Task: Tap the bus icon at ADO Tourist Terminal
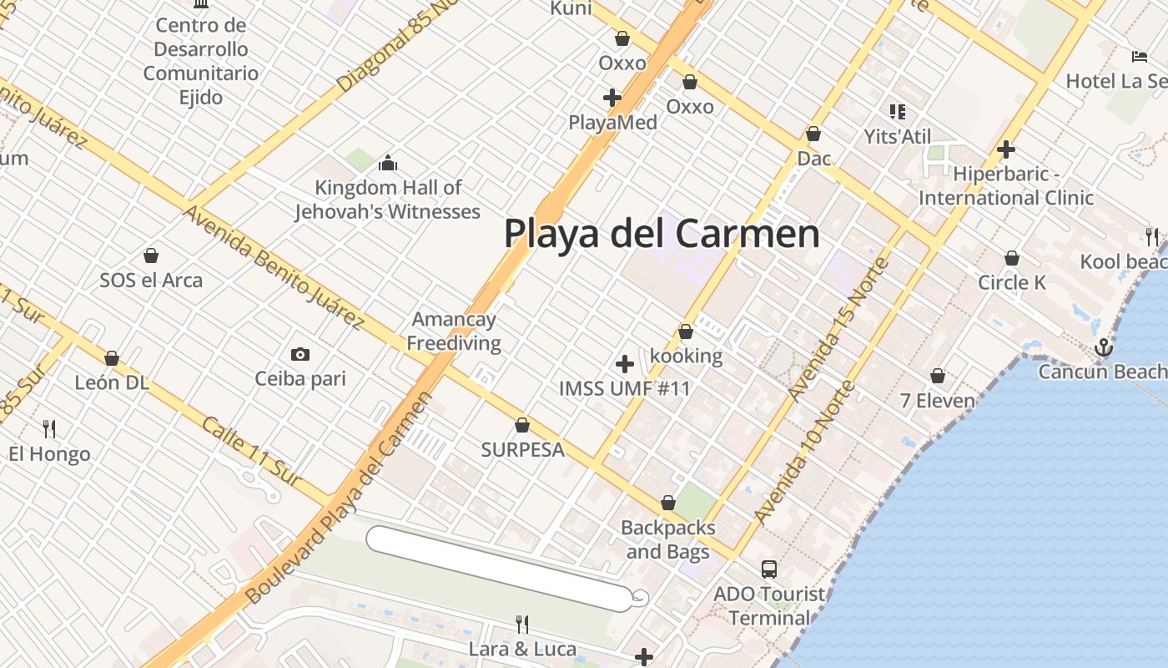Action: [x=769, y=569]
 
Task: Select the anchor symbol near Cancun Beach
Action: [x=1104, y=347]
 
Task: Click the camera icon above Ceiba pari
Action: [x=300, y=354]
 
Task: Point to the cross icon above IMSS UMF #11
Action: [x=624, y=364]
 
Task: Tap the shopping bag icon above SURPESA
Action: [x=522, y=425]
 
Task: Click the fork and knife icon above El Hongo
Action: [x=49, y=429]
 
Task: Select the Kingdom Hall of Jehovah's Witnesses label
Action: [x=388, y=200]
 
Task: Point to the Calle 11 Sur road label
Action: [x=250, y=451]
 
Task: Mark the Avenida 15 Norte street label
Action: [x=843, y=329]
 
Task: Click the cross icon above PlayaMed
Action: [x=612, y=98]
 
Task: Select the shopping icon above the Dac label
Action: [x=813, y=134]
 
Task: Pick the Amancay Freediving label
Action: [x=454, y=331]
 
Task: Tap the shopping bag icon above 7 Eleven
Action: [x=938, y=376]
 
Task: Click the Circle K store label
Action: [x=1011, y=282]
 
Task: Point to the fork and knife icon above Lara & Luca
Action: [x=522, y=624]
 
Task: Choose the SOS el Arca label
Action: [x=151, y=280]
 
